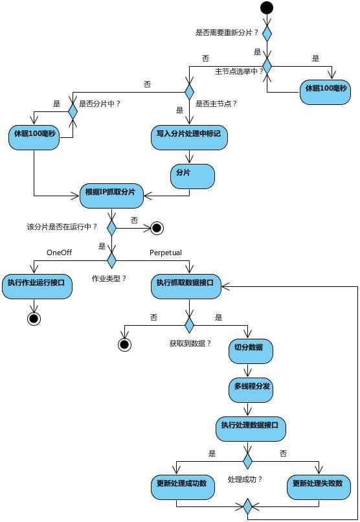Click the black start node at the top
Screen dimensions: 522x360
coord(267,8)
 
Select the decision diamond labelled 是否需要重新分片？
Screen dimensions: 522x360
coord(267,32)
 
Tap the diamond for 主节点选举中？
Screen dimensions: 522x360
coord(267,65)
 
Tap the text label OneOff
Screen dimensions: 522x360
coord(59,252)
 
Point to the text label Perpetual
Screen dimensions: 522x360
coord(166,252)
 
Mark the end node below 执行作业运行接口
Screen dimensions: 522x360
coord(34,319)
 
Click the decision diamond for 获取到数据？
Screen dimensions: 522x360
coord(189,324)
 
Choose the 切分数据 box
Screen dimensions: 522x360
coord(250,351)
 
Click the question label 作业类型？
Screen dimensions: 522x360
coord(109,278)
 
